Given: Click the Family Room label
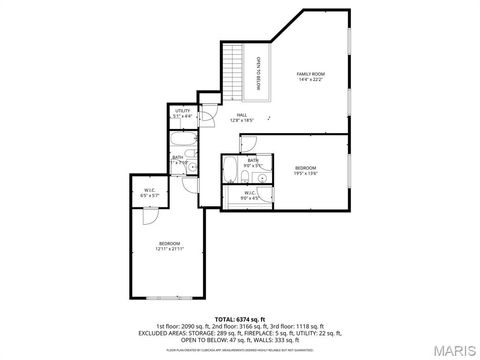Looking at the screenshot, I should coord(310,78).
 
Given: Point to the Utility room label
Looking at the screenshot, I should coord(183,113).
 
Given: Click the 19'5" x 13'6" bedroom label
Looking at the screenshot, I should coord(305,169).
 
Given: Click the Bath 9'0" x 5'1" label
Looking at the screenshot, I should coord(254,162).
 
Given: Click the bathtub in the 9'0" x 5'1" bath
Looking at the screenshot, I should coord(229,166).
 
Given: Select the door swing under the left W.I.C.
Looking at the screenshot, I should coord(148,213).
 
